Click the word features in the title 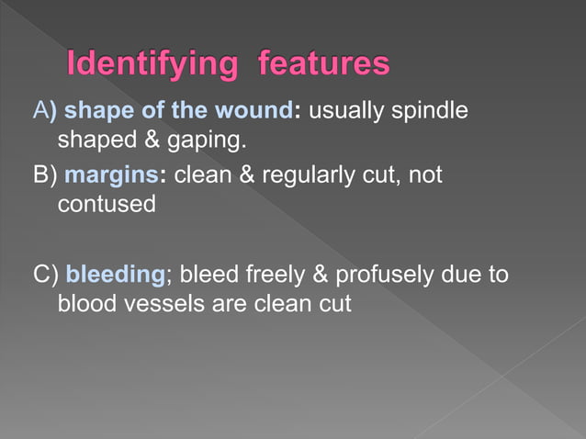324,65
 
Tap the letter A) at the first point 43,111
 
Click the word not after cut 424,174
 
